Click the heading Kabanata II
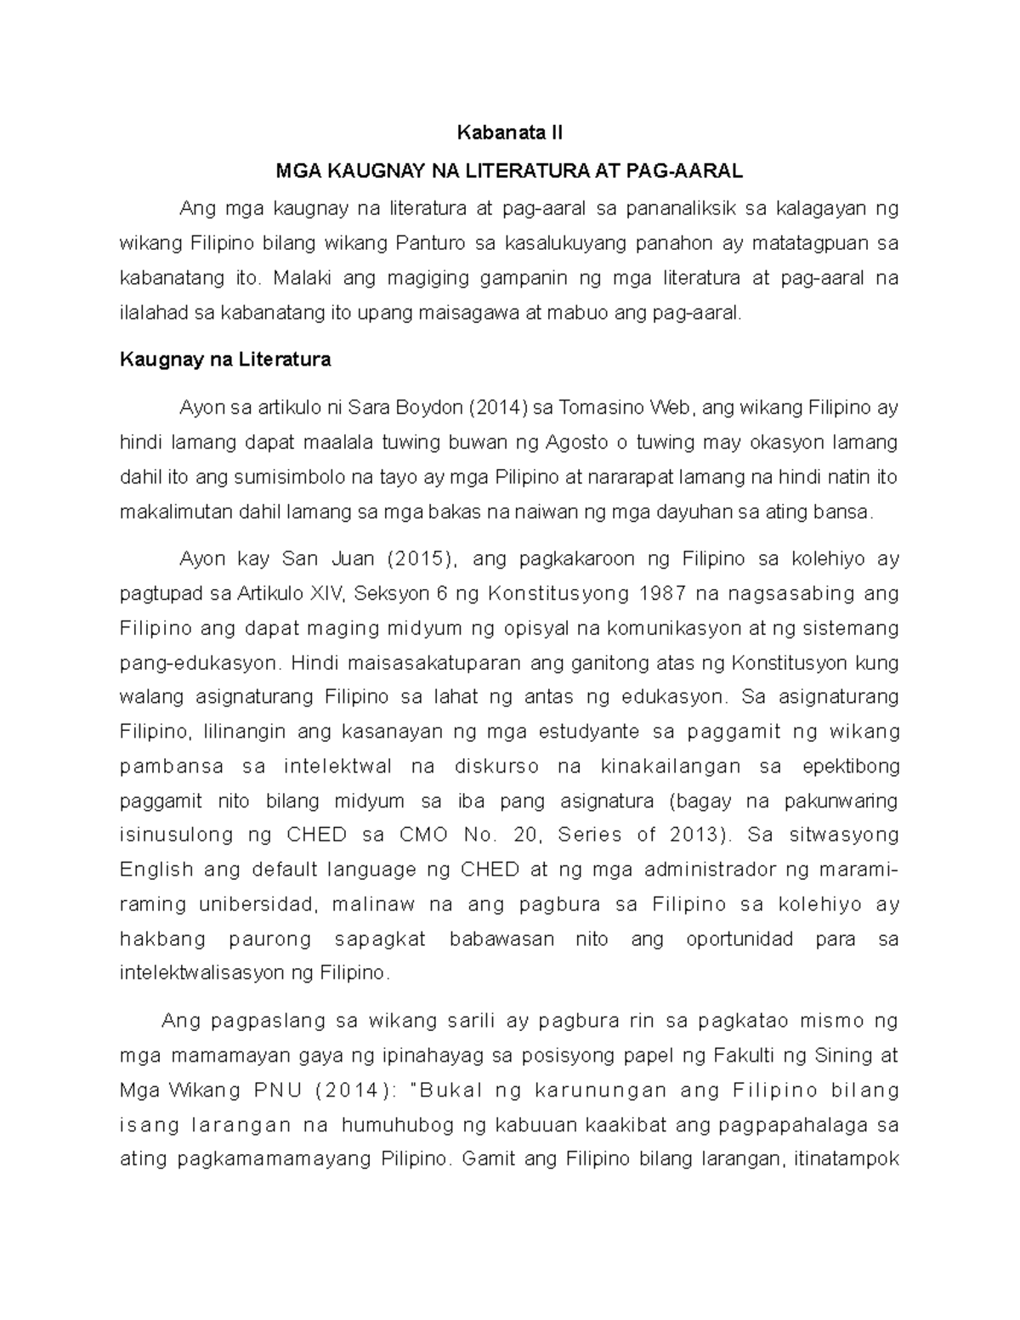tap(509, 133)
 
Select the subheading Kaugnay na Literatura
tap(224, 360)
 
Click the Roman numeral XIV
tap(322, 593)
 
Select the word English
tap(155, 870)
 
